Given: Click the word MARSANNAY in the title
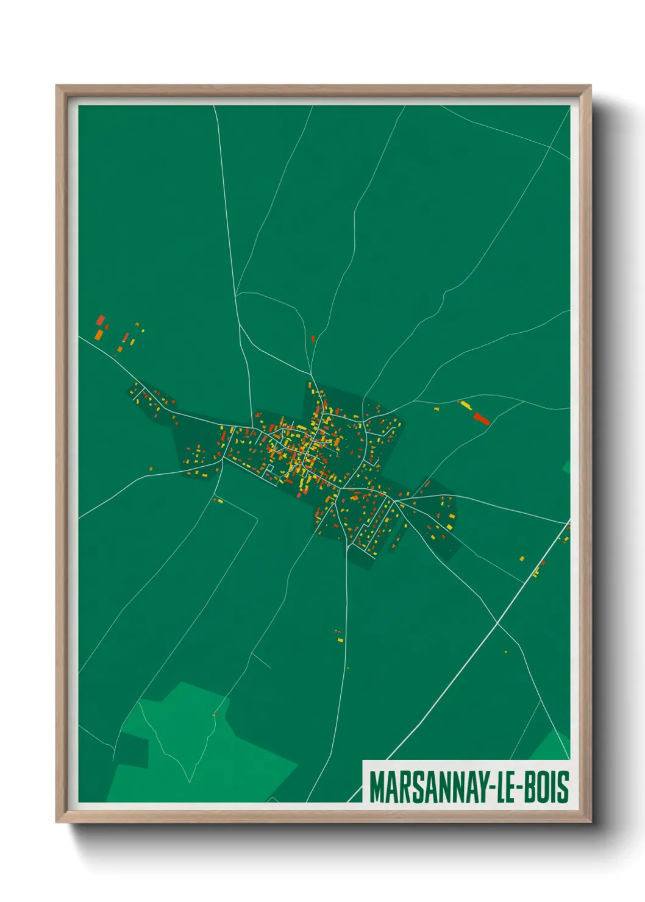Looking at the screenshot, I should [x=426, y=787].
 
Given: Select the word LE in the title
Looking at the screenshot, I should [x=503, y=787].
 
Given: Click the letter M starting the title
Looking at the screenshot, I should [x=377, y=787].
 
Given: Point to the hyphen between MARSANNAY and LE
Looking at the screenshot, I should [x=489, y=787].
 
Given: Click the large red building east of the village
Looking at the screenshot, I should [x=482, y=418].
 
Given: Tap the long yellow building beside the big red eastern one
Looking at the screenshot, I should [x=466, y=405].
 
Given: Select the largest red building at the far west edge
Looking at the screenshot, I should [x=101, y=321].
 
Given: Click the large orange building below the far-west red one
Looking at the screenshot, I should [x=98, y=334].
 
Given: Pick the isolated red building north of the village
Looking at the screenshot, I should [x=313, y=338].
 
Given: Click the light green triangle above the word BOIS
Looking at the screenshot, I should [x=552, y=747].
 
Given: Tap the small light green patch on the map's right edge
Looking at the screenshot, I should [x=566, y=467].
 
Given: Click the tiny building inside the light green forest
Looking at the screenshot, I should [x=215, y=714].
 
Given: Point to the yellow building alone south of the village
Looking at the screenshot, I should [x=340, y=639].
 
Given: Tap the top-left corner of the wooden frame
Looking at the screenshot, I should [x=57, y=87].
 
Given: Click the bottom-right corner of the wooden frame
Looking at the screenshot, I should [x=590, y=821].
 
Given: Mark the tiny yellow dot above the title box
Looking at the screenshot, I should [x=505, y=652].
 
